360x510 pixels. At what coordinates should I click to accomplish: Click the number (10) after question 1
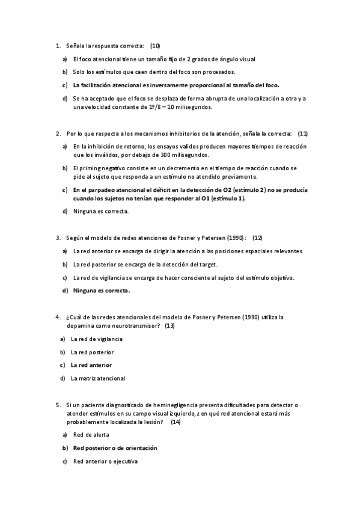pos(155,46)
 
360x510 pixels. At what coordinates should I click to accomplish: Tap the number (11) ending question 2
pos(303,133)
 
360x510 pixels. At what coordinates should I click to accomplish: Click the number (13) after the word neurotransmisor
pos(169,325)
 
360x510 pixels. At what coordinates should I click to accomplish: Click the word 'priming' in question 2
pos(88,168)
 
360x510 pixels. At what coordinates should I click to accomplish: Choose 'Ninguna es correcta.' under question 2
pos(100,211)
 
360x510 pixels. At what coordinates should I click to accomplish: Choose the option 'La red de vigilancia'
pos(96,339)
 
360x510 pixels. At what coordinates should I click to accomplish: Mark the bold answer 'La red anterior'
pos(91,365)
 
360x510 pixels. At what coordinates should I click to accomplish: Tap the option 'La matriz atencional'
pos(97,378)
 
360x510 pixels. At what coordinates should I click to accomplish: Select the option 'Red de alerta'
pos(91,435)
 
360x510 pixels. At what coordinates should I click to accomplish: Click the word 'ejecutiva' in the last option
pos(124,461)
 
